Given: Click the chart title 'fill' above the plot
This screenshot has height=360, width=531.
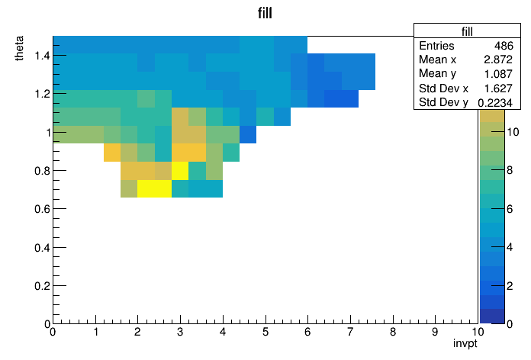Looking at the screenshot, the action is point(265,13).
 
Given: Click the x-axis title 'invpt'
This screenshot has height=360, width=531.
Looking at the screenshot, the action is point(465,343).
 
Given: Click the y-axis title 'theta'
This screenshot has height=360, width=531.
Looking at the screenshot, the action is point(19,48).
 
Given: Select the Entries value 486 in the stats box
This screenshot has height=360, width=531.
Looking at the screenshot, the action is point(504,45).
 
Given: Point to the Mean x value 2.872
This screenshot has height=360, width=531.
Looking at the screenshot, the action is point(497,59).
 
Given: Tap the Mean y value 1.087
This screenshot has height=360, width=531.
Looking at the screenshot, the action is point(497,73).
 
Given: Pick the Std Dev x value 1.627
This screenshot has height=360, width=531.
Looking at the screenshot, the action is point(497,88).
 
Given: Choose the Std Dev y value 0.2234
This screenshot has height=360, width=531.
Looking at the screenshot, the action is point(495,102).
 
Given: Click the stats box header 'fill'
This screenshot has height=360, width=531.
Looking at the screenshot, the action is point(467,31).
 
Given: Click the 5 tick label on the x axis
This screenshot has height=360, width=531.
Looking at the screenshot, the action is point(265,332).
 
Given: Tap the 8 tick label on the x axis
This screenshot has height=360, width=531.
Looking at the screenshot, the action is point(393,332).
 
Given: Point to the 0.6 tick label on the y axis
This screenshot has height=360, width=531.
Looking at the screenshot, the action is point(42,209).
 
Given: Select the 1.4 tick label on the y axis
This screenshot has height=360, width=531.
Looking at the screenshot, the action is point(42,55).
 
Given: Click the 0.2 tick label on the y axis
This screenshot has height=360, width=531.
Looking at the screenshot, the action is point(42,286).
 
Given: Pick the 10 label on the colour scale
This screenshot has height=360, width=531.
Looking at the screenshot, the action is point(513,132).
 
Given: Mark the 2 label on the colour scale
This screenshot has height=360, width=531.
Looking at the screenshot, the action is point(510,286).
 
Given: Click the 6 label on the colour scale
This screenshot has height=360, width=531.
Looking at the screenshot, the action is point(510,209).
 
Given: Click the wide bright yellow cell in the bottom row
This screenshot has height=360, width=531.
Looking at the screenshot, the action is point(154,188).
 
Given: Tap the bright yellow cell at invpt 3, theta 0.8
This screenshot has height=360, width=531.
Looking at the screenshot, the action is point(180,171).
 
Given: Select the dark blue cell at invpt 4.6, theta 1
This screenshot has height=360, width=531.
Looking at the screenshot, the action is point(248,134).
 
